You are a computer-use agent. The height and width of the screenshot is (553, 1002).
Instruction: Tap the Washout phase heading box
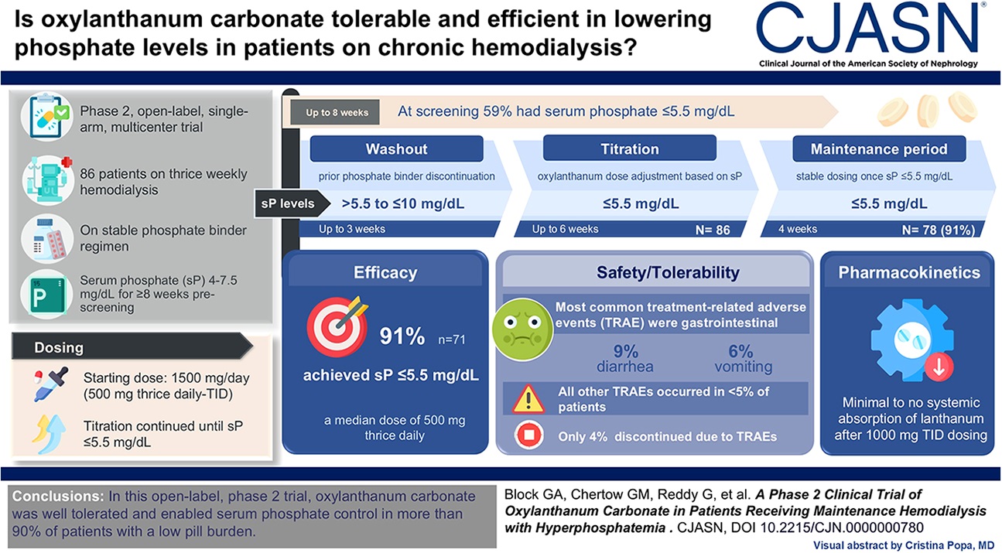(396, 148)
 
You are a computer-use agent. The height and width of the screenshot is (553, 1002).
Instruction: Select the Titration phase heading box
(630, 148)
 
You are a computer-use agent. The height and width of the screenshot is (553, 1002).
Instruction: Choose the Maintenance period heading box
(878, 148)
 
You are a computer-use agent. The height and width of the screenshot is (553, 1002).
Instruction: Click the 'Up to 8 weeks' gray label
(337, 113)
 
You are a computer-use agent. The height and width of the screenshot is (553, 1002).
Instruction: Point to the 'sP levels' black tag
(286, 204)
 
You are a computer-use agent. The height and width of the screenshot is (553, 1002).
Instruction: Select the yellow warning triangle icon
(528, 398)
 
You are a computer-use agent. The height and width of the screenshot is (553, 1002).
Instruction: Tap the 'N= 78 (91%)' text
(937, 230)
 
